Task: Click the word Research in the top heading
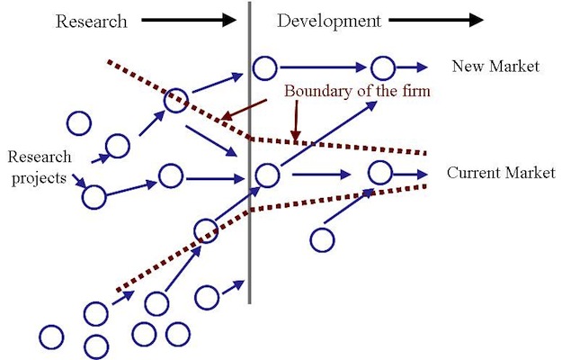point(92,22)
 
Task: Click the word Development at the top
point(329,22)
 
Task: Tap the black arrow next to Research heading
point(189,20)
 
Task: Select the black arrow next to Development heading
point(436,20)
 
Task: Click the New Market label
point(495,67)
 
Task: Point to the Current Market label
point(501,173)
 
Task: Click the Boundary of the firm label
point(357,91)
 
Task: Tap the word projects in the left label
point(39,178)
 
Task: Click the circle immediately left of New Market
point(383,67)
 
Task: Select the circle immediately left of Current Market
point(380,173)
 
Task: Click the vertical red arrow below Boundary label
point(296,121)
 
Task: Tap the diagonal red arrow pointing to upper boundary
point(244,110)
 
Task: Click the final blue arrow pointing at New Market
point(412,67)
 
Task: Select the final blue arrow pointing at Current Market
point(410,175)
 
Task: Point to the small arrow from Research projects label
point(79,181)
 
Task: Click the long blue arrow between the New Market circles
point(324,67)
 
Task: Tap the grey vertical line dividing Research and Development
point(249,152)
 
